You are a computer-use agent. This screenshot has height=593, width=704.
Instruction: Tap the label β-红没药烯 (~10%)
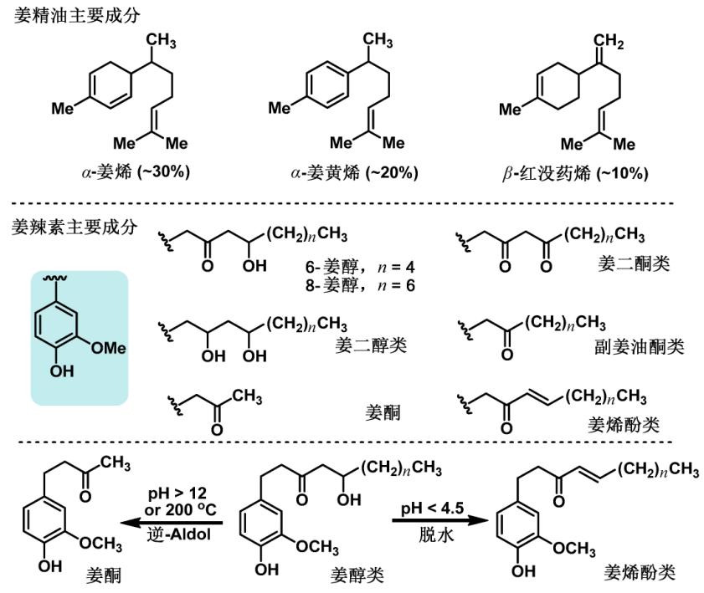click(x=573, y=172)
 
